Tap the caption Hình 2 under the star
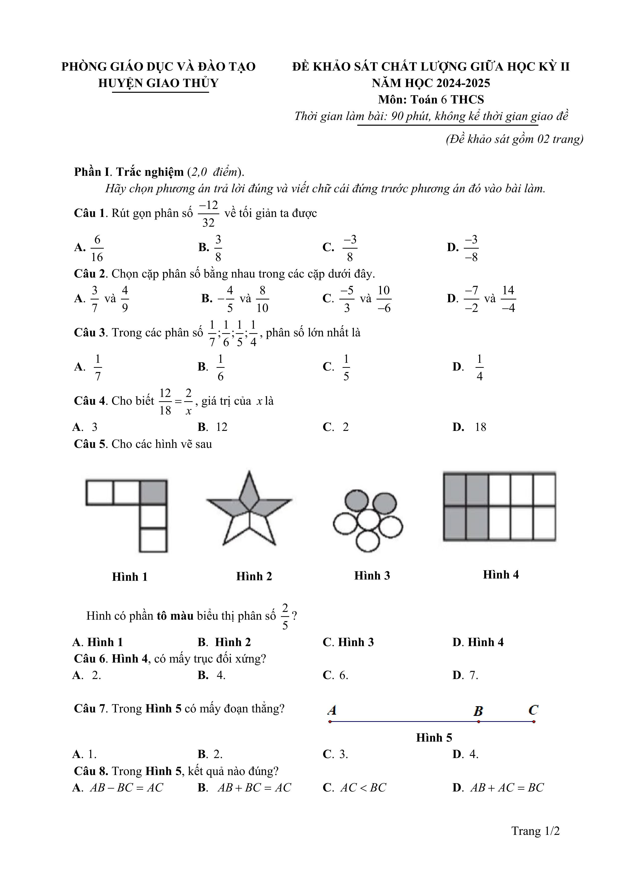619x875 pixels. click(x=254, y=576)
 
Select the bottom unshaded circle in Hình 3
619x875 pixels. click(x=368, y=541)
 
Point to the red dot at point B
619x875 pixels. click(x=478, y=721)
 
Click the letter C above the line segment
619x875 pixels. click(x=533, y=710)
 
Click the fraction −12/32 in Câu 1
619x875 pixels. click(x=209, y=214)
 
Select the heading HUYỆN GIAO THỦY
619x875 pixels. click(x=158, y=83)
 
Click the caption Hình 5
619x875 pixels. click(x=434, y=737)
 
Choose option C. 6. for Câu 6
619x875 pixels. click(x=336, y=675)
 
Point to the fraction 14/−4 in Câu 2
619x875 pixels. click(x=508, y=299)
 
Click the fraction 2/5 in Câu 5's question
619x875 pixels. click(x=285, y=616)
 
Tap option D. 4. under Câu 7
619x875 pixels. click(x=465, y=754)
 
